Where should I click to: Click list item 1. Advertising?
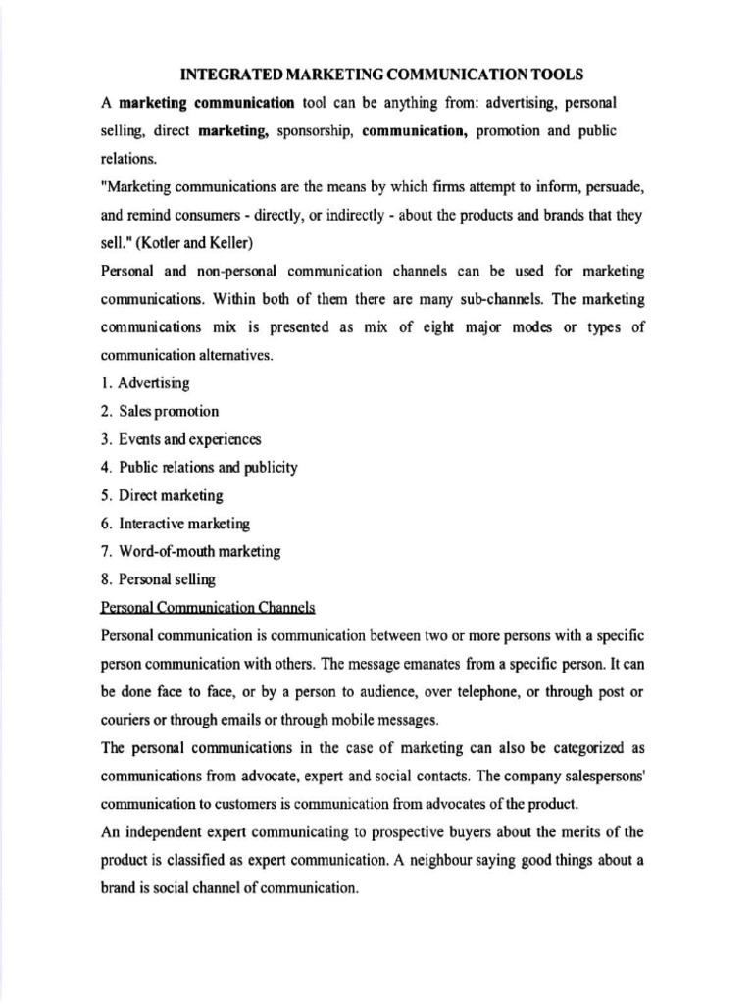(x=146, y=382)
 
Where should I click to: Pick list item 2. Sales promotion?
(x=160, y=411)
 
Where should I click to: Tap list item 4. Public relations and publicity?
(x=199, y=468)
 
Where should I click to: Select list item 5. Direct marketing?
(x=162, y=496)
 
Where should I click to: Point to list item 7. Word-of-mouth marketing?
(x=190, y=552)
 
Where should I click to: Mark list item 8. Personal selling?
(x=158, y=580)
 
